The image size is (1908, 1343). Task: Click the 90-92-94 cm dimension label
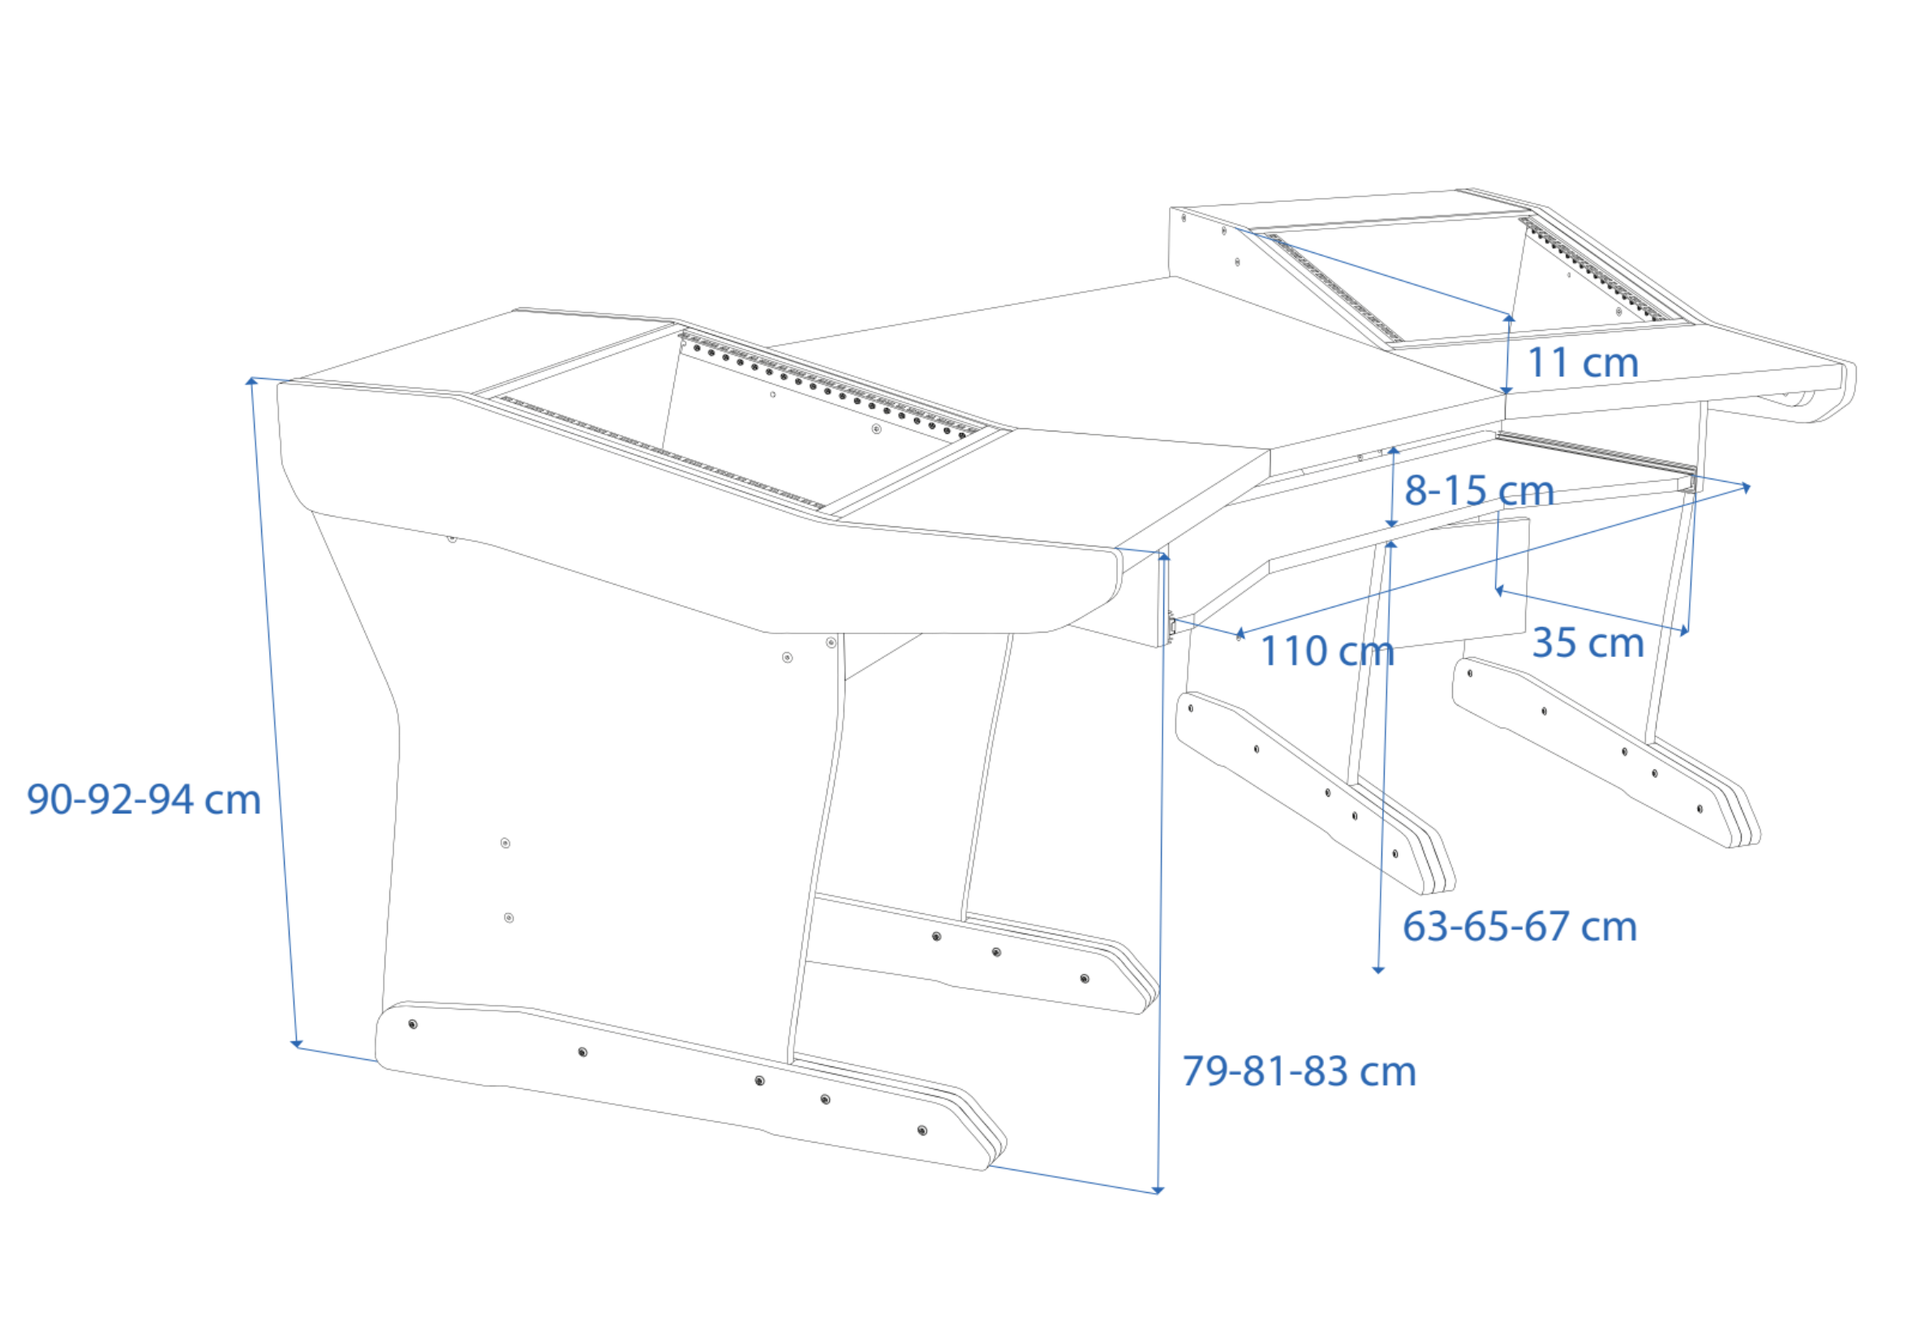click(144, 800)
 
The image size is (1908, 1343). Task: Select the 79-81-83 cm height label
click(1299, 1071)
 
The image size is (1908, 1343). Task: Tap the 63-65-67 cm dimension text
click(1520, 927)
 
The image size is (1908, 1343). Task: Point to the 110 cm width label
click(1327, 651)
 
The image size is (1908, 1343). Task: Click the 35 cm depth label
click(1588, 643)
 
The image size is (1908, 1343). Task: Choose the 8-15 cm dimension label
click(1479, 491)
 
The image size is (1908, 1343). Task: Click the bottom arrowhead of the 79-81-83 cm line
click(1158, 1191)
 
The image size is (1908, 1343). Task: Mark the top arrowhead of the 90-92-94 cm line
click(251, 381)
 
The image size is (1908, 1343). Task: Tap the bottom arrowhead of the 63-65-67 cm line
click(1377, 969)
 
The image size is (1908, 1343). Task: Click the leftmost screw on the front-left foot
click(413, 1024)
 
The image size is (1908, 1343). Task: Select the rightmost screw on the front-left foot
click(922, 1131)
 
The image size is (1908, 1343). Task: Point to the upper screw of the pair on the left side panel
click(505, 843)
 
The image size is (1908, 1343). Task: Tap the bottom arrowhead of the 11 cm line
click(1506, 390)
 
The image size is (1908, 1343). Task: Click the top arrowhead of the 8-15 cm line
click(1394, 450)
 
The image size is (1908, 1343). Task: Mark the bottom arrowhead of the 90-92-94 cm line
click(296, 1044)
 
